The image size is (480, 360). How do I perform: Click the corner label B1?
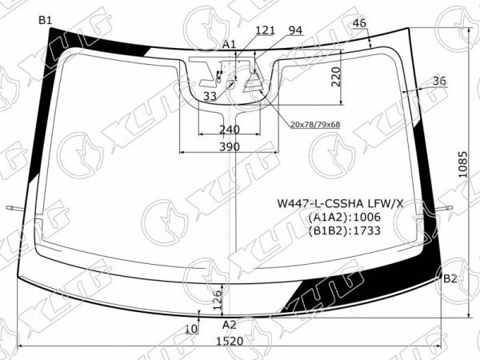coord(46,21)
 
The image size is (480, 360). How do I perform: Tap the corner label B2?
coord(450,278)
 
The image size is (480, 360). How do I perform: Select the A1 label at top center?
coord(229,45)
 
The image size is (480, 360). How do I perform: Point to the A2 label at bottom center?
coord(230,325)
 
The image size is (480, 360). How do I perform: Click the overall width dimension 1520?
coord(230,341)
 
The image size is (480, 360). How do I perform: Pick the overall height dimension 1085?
coord(463,164)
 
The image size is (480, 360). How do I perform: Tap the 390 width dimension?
coord(230,147)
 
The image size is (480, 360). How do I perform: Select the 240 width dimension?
coord(230,130)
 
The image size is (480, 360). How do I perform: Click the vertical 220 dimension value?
coord(336,77)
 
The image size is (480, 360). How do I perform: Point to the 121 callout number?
coord(265,30)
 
